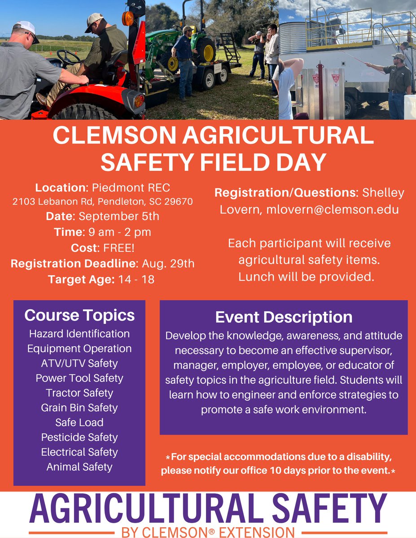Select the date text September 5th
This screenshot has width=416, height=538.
point(118,216)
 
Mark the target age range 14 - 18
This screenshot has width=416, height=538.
point(136,279)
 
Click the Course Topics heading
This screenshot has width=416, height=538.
point(79,315)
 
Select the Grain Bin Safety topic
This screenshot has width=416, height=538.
point(79,408)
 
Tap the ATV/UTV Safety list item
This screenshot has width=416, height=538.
point(79,363)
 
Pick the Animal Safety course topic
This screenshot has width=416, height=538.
point(79,467)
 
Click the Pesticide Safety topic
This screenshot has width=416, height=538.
point(79,437)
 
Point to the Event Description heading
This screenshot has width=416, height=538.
point(284,317)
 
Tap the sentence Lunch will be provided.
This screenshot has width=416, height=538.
point(306,277)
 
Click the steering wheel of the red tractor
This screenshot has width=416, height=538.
point(68,57)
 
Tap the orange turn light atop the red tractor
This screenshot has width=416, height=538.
point(128,18)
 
